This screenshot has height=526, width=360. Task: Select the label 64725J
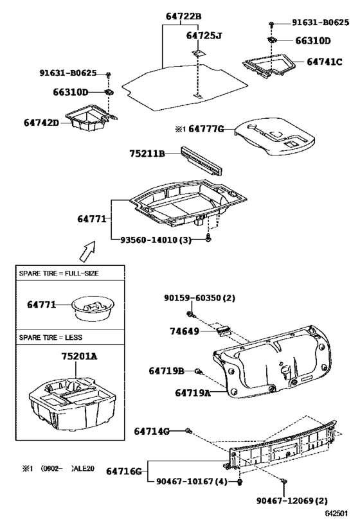203,36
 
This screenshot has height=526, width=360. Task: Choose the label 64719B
166,371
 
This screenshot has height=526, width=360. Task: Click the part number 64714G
151,431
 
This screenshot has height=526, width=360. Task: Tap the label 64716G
123,471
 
